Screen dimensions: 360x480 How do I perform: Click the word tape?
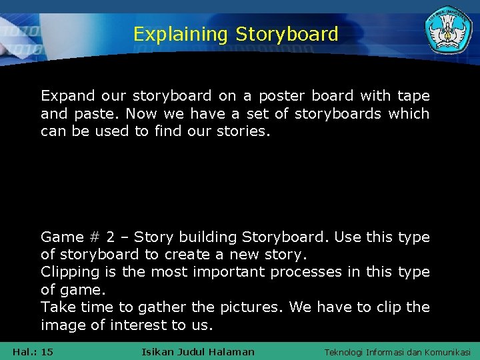[x=413, y=96]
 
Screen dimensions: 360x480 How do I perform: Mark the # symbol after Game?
[x=93, y=237]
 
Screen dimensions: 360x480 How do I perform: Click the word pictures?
[x=255, y=307]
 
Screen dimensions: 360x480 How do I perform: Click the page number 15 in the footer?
[x=47, y=352]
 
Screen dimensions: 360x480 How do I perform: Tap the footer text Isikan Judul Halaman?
[x=198, y=352]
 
